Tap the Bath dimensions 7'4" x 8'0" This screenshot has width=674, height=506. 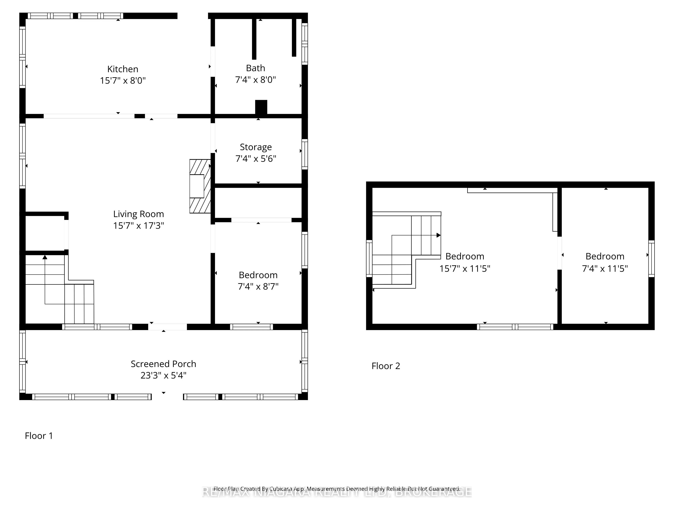click(x=255, y=80)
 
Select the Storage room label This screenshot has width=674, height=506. click(x=256, y=147)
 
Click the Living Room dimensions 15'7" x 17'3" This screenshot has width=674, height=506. click(x=139, y=226)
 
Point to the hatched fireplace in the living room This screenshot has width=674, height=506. click(x=200, y=186)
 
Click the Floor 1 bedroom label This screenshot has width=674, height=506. click(x=258, y=275)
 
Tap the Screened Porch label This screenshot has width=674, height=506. click(x=163, y=364)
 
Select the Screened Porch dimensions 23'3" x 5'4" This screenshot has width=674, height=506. click(x=163, y=375)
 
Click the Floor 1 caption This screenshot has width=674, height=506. click(x=39, y=436)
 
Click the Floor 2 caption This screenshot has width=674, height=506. click(x=386, y=366)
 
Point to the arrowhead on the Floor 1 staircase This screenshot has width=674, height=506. click(x=45, y=257)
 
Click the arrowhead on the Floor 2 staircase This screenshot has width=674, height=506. click(x=438, y=235)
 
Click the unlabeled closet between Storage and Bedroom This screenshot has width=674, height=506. click(x=258, y=203)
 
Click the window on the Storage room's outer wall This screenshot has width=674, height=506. click(x=304, y=154)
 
